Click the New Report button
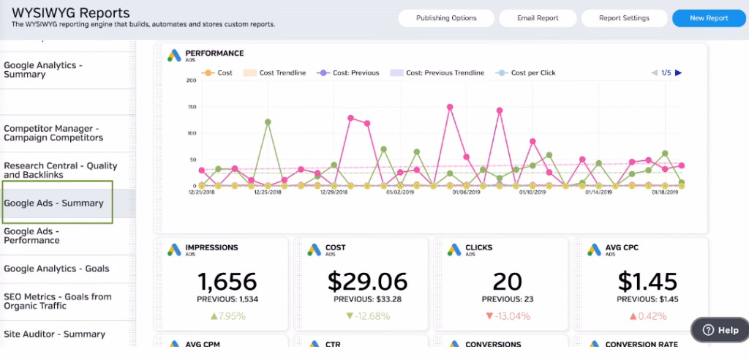click(x=708, y=18)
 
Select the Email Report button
click(x=538, y=18)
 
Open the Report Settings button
click(x=623, y=18)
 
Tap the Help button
click(x=720, y=330)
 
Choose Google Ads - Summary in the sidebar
click(x=53, y=203)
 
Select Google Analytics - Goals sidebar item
click(x=56, y=269)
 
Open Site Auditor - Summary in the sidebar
click(x=54, y=334)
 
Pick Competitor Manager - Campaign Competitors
click(x=53, y=132)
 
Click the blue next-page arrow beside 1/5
click(x=678, y=73)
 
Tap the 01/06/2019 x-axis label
click(x=465, y=192)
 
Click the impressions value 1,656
click(x=226, y=282)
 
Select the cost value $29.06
click(x=366, y=282)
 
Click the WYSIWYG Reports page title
click(x=71, y=13)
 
